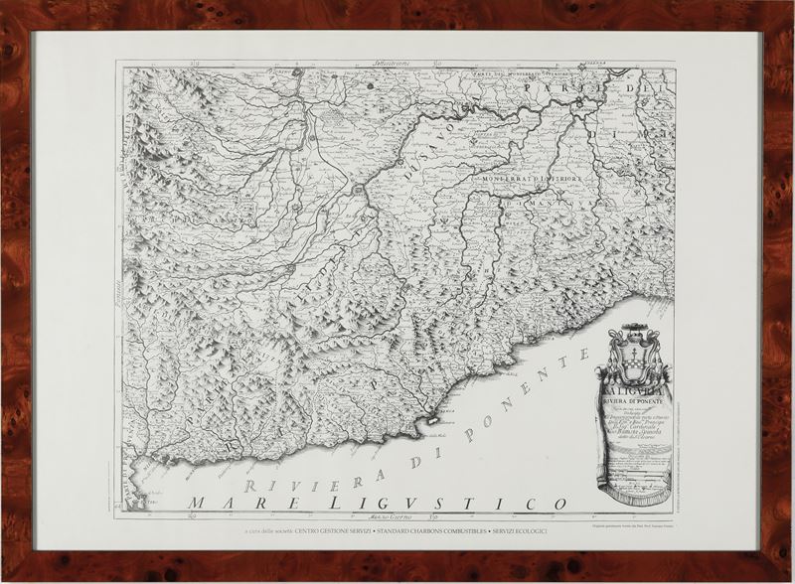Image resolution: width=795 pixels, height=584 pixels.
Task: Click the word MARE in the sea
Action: [x=235, y=501]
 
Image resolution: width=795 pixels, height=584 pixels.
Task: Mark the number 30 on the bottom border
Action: [x=433, y=517]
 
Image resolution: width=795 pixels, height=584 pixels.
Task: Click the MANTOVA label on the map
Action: [x=557, y=204]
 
